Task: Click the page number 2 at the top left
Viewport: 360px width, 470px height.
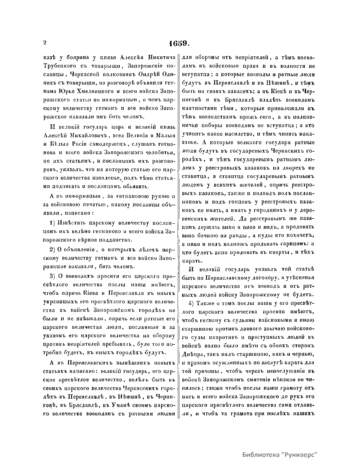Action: (x=44, y=43)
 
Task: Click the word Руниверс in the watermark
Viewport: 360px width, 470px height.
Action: (x=298, y=454)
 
